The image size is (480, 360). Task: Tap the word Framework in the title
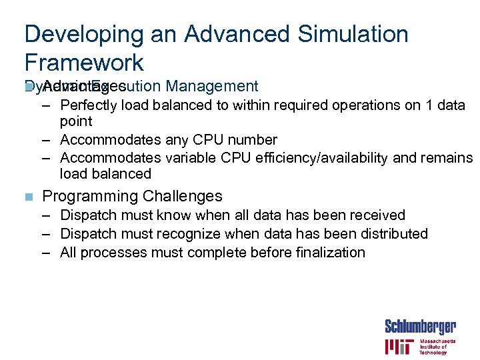[84, 63]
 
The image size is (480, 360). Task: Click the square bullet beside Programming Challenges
[27, 197]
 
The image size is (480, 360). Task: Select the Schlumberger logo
[421, 327]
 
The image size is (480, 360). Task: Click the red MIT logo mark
[398, 347]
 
